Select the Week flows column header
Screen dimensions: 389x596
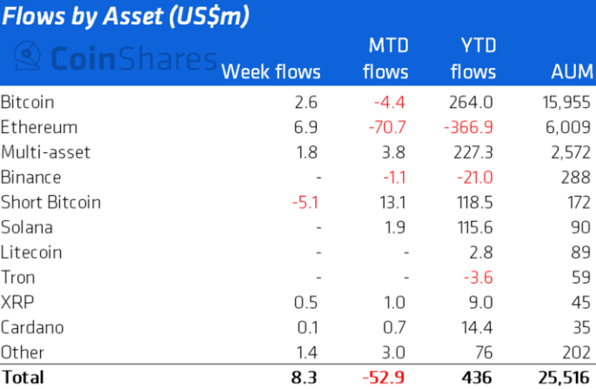(x=271, y=71)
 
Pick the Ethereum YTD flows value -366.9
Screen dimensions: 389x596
(x=468, y=127)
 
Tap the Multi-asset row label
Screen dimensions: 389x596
(x=45, y=152)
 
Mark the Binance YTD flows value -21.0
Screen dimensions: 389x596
(x=475, y=178)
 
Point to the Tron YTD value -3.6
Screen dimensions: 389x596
(x=479, y=278)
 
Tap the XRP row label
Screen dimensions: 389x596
(x=17, y=303)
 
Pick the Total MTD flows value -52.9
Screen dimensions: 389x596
(x=385, y=378)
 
